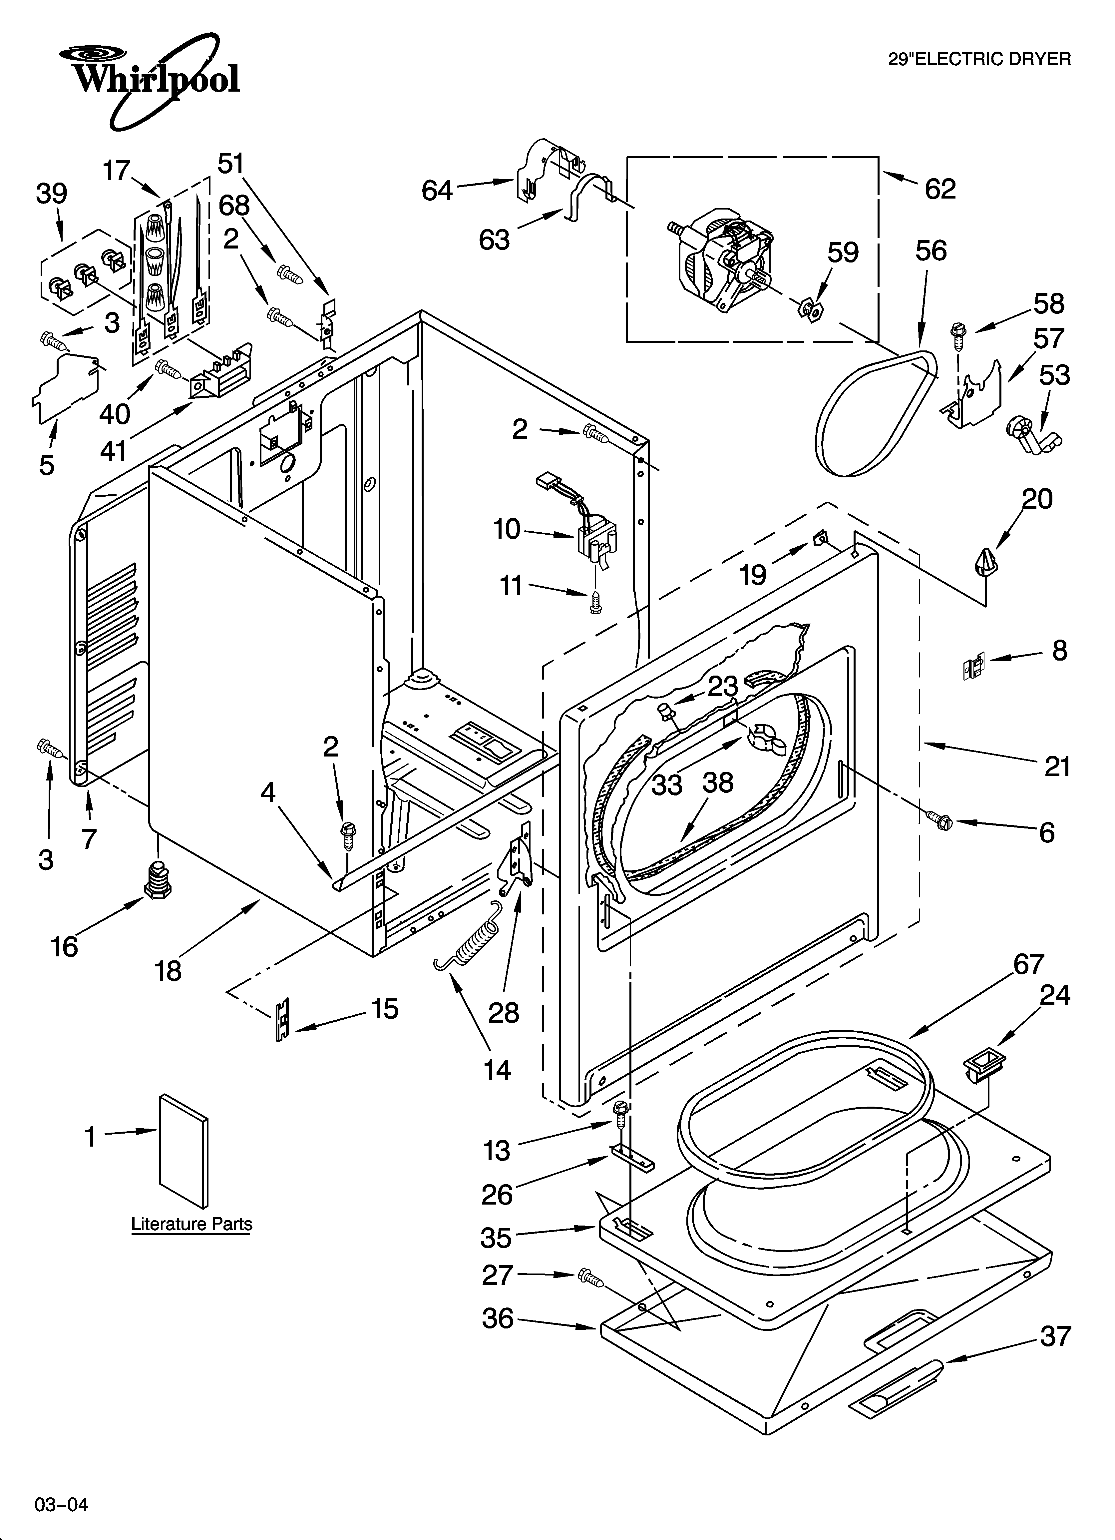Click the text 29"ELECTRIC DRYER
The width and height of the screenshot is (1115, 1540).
(980, 60)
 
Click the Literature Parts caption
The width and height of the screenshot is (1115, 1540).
(191, 1224)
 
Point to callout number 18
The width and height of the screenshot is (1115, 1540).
(168, 971)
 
